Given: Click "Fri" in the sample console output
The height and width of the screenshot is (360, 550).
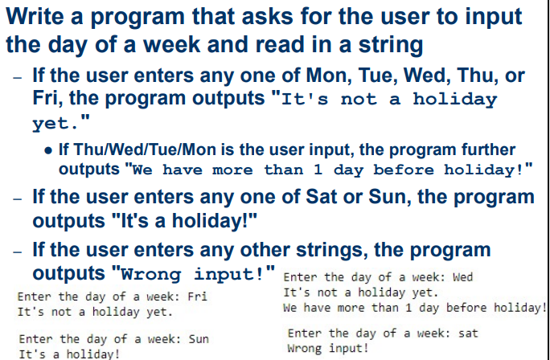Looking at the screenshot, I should click(198, 297).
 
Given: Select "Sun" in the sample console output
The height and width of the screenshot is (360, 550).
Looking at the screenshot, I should click(198, 339).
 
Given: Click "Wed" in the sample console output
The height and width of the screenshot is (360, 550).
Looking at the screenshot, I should click(463, 277).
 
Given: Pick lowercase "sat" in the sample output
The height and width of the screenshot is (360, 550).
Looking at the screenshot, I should click(467, 333).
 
